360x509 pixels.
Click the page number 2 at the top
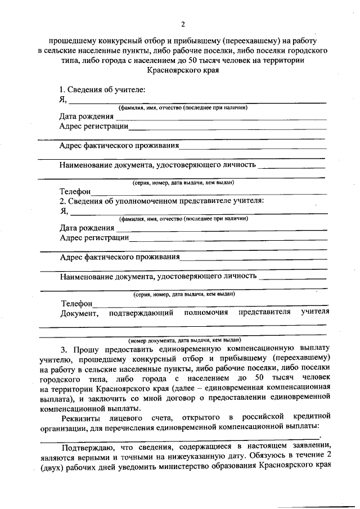pyautogui.click(x=182, y=24)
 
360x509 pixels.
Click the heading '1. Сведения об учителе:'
pyautogui.click(x=102, y=90)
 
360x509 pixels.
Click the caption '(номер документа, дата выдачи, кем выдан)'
pyautogui.click(x=184, y=340)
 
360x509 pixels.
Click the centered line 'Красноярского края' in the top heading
pyautogui.click(x=182, y=71)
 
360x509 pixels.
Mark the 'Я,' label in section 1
pyautogui.click(x=64, y=100)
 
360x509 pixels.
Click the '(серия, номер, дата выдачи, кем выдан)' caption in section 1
pyautogui.click(x=183, y=183)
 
